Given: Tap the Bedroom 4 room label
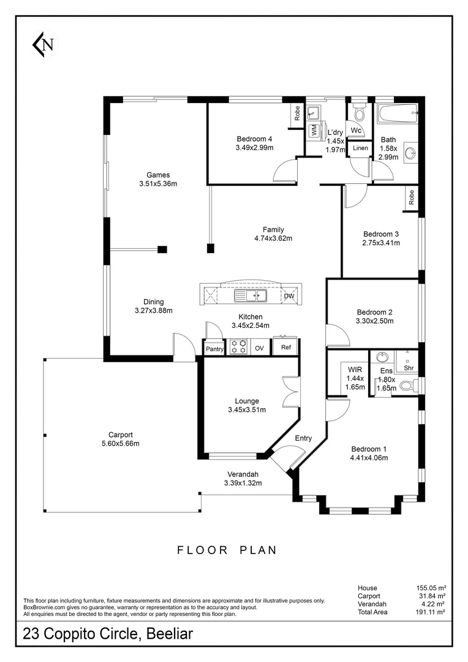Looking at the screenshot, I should click(x=254, y=139).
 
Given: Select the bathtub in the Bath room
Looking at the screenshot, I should click(x=396, y=113).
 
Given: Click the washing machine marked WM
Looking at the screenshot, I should click(x=314, y=130).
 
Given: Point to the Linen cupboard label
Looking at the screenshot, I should click(x=360, y=148).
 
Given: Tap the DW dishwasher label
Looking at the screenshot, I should click(x=289, y=297).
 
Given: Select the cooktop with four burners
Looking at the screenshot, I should click(x=238, y=348).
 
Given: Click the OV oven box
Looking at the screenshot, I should click(x=259, y=348).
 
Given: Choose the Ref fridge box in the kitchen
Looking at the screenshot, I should click(x=285, y=348).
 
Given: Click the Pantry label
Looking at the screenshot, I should click(x=215, y=349).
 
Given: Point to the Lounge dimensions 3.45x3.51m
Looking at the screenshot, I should click(x=247, y=410).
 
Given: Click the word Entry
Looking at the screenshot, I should click(x=303, y=438).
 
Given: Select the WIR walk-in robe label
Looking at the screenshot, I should click(x=355, y=370).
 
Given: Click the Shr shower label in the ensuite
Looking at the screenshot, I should click(x=408, y=368).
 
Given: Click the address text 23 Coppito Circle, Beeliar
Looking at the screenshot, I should click(x=108, y=634).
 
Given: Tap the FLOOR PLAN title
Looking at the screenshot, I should click(x=227, y=550).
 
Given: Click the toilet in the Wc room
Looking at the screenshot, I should click(x=359, y=114).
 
